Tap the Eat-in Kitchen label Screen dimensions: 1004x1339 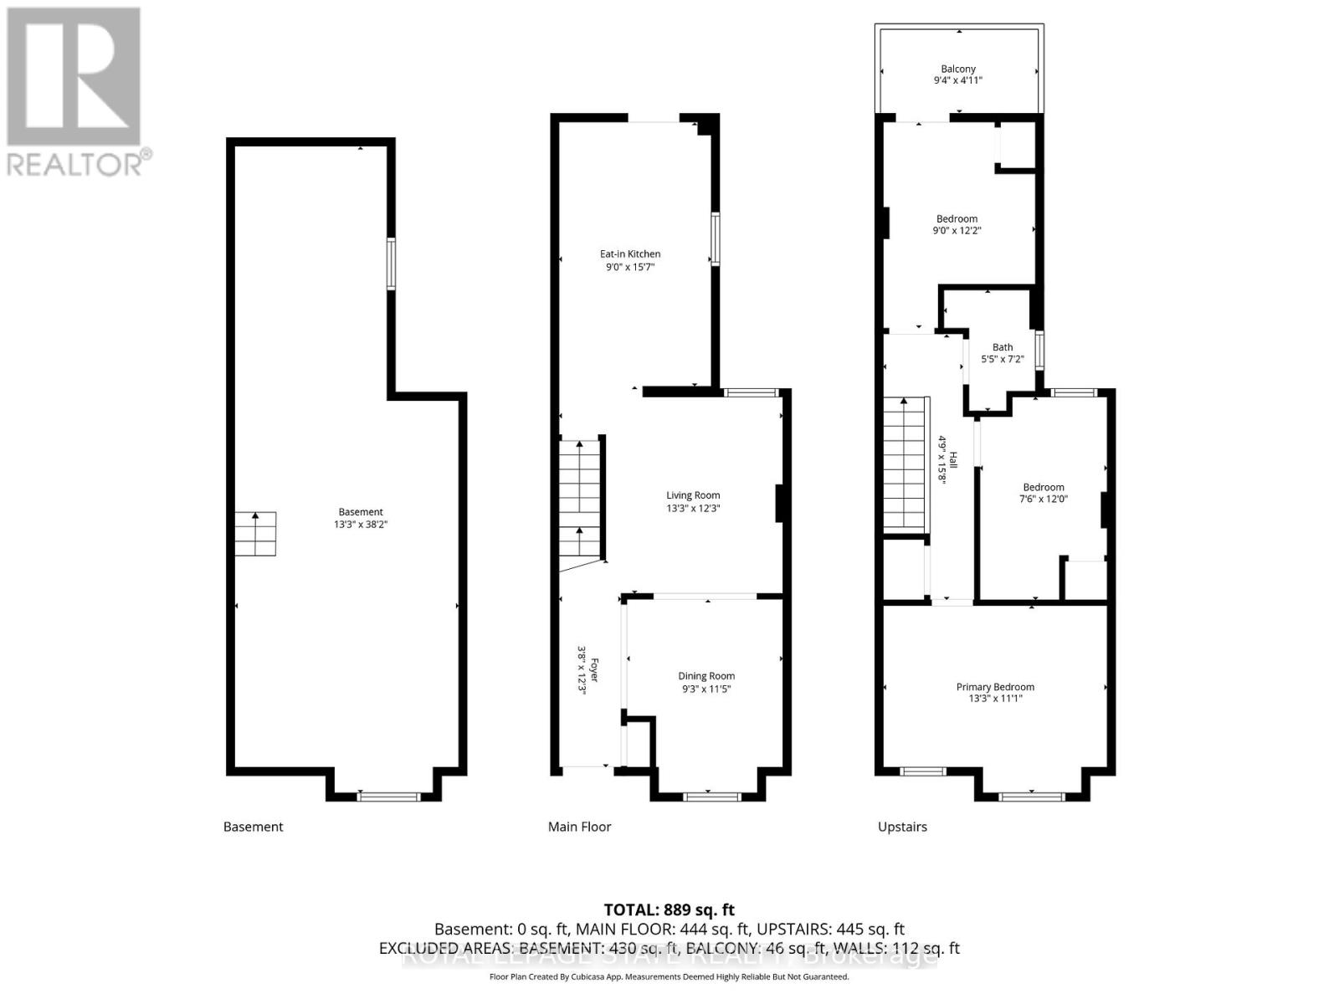[x=630, y=254]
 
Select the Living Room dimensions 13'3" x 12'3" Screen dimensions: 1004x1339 [x=693, y=508]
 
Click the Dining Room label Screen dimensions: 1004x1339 [x=706, y=676]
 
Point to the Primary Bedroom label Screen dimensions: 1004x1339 [x=995, y=687]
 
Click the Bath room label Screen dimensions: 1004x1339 [x=1003, y=347]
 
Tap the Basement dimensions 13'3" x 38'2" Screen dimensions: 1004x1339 [x=361, y=525]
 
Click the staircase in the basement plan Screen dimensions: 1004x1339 [x=255, y=534]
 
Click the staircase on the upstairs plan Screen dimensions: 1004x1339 [x=905, y=464]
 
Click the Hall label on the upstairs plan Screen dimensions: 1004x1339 [x=952, y=460]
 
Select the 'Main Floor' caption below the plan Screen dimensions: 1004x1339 [x=579, y=827]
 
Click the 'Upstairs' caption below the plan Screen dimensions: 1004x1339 [x=902, y=827]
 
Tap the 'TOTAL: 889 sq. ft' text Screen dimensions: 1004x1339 [x=669, y=909]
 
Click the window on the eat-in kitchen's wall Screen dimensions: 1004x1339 [x=716, y=239]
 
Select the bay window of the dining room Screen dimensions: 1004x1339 [x=711, y=797]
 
